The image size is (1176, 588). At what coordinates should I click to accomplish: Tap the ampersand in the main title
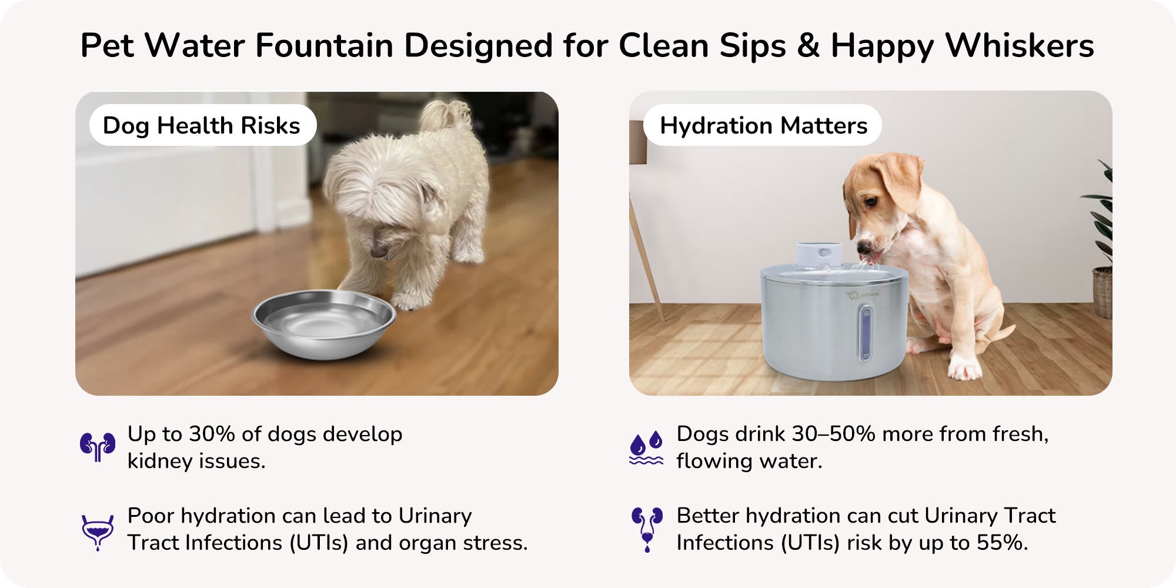point(808,45)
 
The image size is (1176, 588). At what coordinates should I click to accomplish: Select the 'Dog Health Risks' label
point(202,125)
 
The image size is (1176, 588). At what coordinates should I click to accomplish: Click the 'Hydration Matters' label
point(763,125)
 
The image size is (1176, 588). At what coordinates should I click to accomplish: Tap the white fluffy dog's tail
point(445,115)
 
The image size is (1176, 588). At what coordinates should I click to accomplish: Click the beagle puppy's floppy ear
point(899,182)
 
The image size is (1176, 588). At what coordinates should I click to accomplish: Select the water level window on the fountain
point(865,333)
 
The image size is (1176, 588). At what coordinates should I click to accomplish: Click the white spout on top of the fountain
point(818,254)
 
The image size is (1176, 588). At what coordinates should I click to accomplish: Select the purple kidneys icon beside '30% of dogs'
point(98,447)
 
